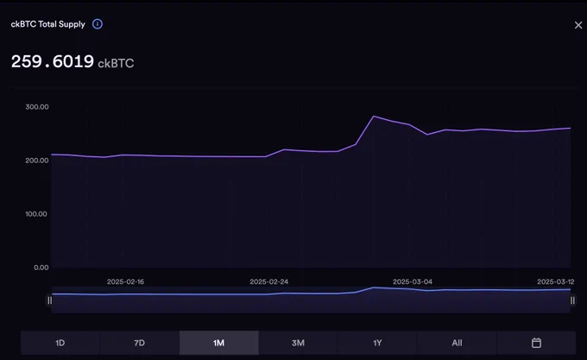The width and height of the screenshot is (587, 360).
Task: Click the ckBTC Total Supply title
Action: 48,24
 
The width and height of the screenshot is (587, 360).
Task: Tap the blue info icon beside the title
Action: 98,24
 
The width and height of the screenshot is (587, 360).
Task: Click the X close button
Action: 578,25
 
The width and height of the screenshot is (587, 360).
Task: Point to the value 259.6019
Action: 53,61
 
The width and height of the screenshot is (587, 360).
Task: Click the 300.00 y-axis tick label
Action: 37,107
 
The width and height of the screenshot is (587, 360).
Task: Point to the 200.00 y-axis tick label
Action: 37,161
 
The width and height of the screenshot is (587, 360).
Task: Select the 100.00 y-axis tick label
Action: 36,214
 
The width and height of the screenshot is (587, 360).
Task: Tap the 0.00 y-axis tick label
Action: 41,268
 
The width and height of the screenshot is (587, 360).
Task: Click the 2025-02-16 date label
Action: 125,281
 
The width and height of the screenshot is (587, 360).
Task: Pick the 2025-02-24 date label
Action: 269,281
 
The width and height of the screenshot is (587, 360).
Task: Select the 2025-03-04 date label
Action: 413,281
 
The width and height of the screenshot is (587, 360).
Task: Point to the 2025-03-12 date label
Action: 556,281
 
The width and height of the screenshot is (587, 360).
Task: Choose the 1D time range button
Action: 60,343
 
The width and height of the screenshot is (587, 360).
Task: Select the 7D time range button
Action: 139,343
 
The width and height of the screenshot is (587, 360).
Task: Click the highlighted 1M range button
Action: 219,343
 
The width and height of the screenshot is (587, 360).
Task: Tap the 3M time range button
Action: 299,343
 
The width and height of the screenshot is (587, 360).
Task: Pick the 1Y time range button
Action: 377,343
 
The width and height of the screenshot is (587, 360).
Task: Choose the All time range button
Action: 458,343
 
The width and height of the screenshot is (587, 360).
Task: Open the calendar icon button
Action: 536,343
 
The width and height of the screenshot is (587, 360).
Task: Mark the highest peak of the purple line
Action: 374,117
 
